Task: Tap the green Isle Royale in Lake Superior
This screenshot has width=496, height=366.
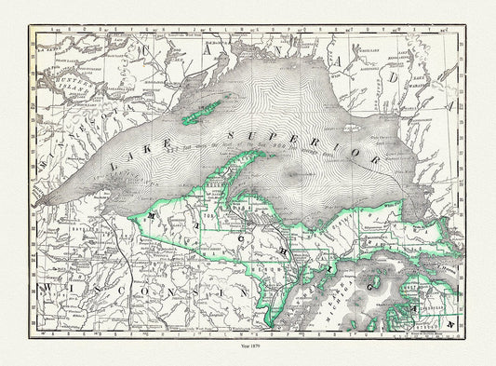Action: [x=202, y=109]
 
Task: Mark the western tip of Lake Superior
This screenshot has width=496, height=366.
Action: [x=43, y=202]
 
